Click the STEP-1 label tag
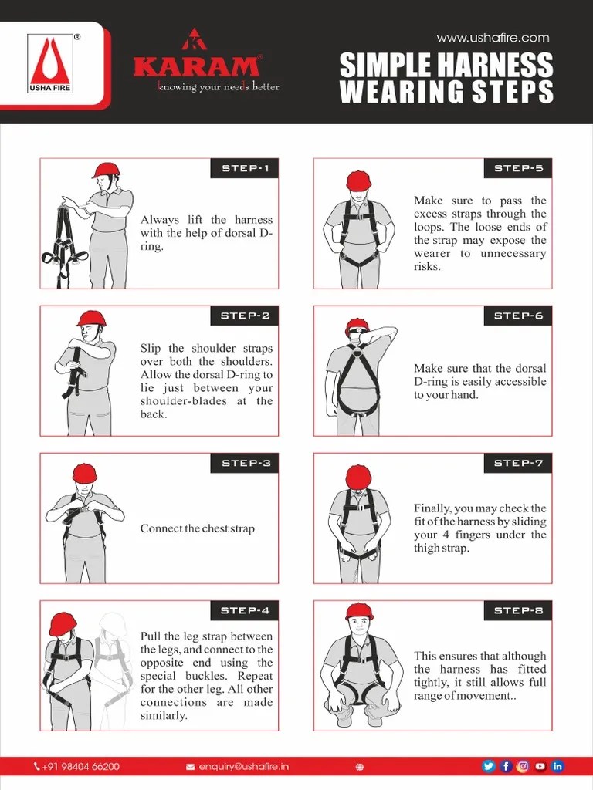(x=244, y=168)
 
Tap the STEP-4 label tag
(x=244, y=610)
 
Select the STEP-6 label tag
(x=518, y=316)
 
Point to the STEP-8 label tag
(x=518, y=610)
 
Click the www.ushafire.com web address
(x=493, y=37)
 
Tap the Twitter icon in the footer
(x=488, y=766)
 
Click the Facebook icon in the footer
(x=506, y=766)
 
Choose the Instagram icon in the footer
(x=523, y=766)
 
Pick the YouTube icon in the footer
(x=540, y=766)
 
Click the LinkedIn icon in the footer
(x=557, y=766)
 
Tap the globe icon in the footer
(x=359, y=766)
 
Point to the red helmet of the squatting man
(x=358, y=612)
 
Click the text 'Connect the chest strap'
(x=197, y=528)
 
